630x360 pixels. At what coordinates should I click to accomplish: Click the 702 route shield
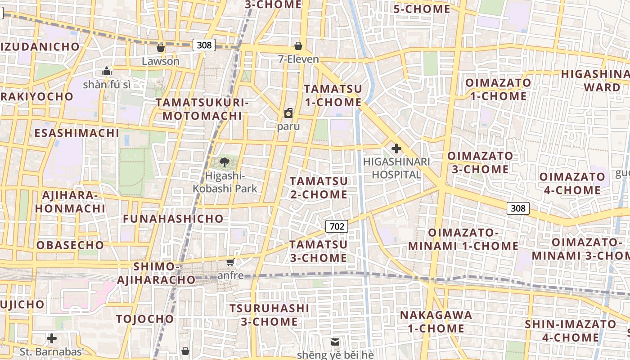[337, 226]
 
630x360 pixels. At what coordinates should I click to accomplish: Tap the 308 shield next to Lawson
[204, 45]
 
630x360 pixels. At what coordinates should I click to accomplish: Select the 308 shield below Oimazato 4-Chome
[518, 208]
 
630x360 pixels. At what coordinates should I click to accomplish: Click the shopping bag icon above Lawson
[161, 48]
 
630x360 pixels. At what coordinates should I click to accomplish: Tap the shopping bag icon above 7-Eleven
[298, 46]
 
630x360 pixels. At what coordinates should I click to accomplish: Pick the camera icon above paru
[288, 113]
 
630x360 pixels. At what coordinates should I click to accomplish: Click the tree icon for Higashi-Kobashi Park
[225, 162]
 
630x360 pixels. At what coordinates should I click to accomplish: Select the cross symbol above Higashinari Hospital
[396, 148]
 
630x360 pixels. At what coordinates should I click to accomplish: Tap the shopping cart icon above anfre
[230, 262]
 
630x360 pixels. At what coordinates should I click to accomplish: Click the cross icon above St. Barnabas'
[52, 338]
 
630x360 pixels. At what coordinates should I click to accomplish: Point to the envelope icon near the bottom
[335, 342]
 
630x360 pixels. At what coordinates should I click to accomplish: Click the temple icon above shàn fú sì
[107, 71]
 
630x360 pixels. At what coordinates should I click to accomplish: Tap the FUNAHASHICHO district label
[173, 219]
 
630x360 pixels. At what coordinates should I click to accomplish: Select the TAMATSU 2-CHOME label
[319, 188]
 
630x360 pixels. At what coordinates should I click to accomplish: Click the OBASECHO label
[70, 245]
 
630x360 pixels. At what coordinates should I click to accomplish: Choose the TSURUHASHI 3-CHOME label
[269, 315]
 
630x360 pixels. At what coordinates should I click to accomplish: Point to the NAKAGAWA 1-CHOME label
[436, 322]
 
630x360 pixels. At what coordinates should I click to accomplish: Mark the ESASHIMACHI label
[77, 133]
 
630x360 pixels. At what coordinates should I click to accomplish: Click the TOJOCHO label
[145, 319]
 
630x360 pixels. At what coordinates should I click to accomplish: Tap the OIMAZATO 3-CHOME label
[480, 162]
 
